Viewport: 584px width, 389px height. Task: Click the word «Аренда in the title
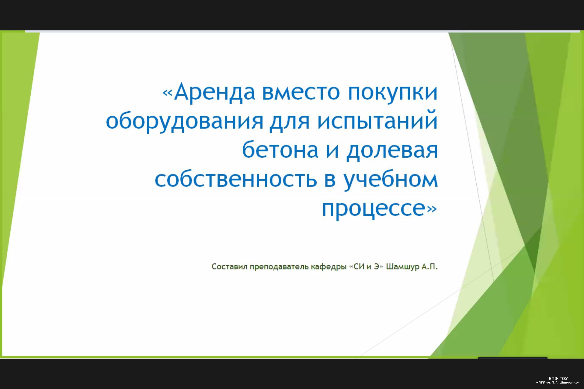click(209, 92)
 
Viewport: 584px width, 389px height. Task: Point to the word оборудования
click(184, 121)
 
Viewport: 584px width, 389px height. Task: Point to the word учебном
click(391, 179)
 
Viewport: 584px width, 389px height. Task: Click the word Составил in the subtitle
click(229, 267)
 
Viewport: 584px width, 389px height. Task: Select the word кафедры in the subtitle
click(329, 267)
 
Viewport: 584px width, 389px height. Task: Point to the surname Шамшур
click(403, 267)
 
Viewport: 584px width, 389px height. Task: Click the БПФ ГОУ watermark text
click(558, 378)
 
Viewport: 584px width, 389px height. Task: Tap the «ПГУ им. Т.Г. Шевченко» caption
click(558, 382)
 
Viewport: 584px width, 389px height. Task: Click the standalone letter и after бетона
click(332, 151)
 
